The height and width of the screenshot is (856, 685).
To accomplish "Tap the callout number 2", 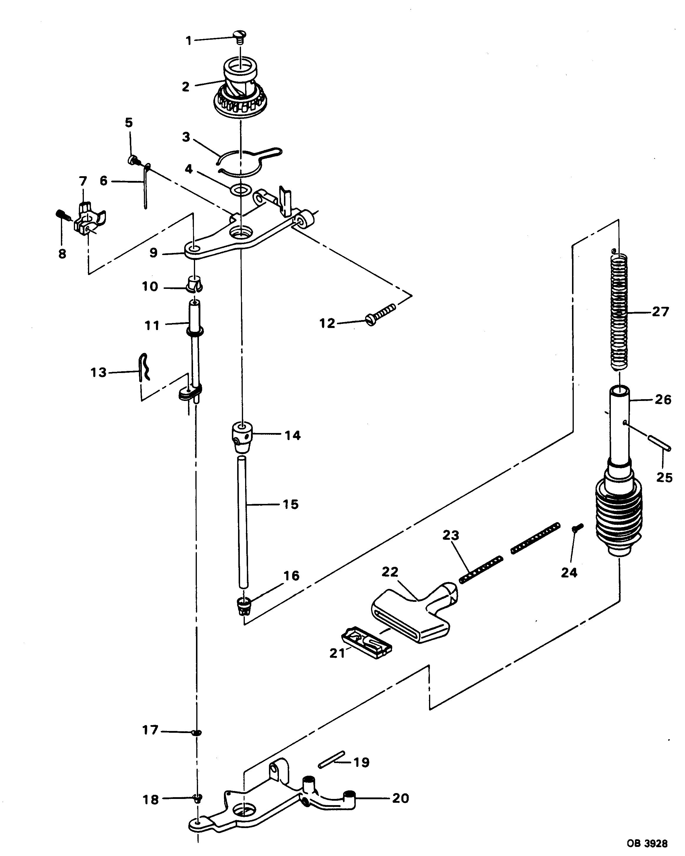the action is pos(185,86).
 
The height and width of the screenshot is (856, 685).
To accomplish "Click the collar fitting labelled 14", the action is pos(242,437).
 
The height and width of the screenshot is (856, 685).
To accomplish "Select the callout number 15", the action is pos(290,504).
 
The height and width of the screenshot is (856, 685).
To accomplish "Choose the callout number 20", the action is pos(400,798).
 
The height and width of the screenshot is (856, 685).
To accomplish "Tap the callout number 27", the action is pos(660,312).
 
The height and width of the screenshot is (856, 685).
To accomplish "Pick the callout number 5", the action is pos(129,123).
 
